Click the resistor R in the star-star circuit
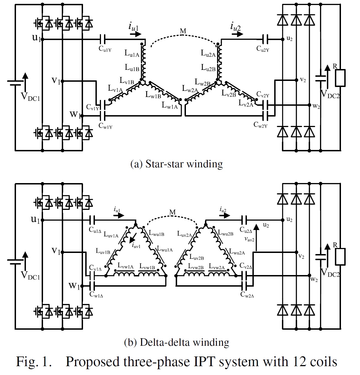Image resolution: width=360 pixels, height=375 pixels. [340, 78]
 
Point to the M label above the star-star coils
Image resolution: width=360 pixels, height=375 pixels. [183, 31]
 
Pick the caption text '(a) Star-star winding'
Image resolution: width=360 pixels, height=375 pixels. [177, 164]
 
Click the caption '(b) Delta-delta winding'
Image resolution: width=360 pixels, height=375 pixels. [177, 342]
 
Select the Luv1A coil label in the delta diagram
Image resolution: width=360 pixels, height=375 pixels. [111, 235]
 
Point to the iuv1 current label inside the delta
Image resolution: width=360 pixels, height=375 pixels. [136, 245]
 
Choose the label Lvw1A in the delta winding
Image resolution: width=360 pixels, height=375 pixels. [126, 266]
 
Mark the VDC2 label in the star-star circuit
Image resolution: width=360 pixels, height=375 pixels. [330, 94]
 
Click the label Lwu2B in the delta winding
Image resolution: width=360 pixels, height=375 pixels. [226, 233]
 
